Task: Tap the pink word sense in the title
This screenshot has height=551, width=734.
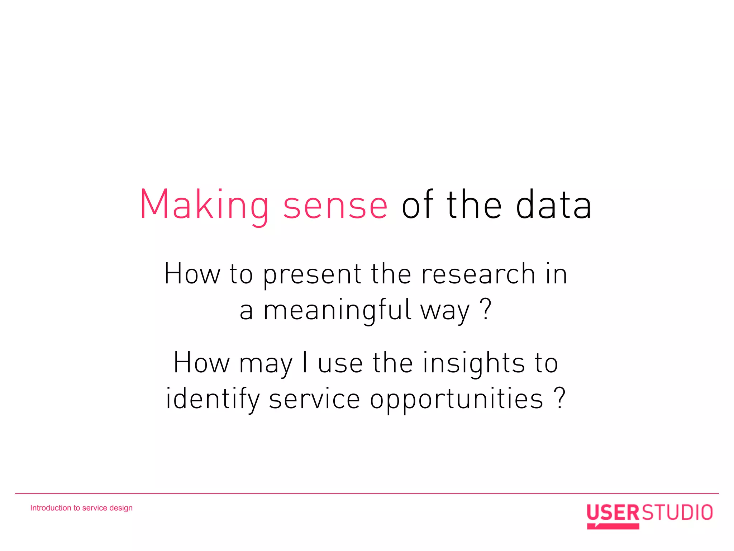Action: coord(335,206)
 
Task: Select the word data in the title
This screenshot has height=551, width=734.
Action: coord(553,205)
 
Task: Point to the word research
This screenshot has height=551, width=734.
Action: coord(478,274)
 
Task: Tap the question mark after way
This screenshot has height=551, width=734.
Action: coord(486,309)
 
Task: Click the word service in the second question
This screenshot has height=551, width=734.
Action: coord(314,399)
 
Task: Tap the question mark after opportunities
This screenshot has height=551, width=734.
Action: coord(559,397)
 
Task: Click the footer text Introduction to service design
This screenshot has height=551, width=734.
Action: coord(81,508)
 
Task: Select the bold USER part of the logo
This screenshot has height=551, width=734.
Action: coord(613,512)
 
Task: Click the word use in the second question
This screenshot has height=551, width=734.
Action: coord(340,364)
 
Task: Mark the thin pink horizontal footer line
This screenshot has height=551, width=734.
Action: coord(367,494)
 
